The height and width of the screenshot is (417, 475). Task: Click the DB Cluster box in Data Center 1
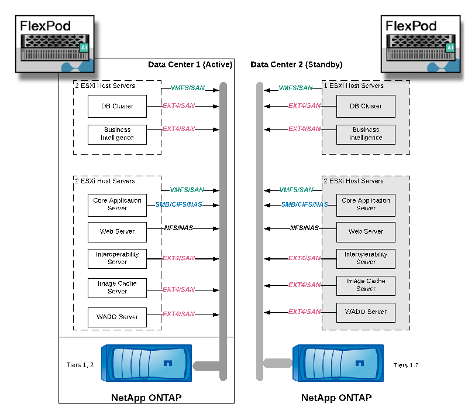click(x=117, y=106)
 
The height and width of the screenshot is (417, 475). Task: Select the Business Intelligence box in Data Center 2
click(x=366, y=134)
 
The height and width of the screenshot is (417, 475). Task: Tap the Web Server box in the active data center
click(x=117, y=231)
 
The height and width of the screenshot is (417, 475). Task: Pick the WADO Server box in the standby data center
click(x=366, y=312)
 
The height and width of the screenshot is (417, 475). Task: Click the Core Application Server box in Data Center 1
click(x=117, y=204)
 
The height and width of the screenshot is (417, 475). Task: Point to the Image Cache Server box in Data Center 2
click(x=366, y=285)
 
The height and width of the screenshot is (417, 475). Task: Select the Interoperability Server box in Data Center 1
click(x=117, y=258)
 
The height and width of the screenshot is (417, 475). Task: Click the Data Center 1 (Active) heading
click(x=190, y=64)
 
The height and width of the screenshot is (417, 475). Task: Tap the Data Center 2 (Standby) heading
click(x=297, y=64)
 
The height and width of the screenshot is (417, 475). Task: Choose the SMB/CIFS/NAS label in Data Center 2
click(x=305, y=204)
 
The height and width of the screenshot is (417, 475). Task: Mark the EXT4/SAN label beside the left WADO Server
click(x=178, y=314)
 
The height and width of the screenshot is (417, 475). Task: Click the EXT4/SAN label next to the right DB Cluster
click(x=305, y=106)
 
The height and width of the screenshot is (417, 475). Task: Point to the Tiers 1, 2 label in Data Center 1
click(x=81, y=365)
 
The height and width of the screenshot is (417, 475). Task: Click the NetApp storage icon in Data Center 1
click(x=147, y=364)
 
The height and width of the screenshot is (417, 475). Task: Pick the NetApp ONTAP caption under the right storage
click(x=336, y=398)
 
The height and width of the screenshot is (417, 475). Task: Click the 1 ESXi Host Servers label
click(x=354, y=86)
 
